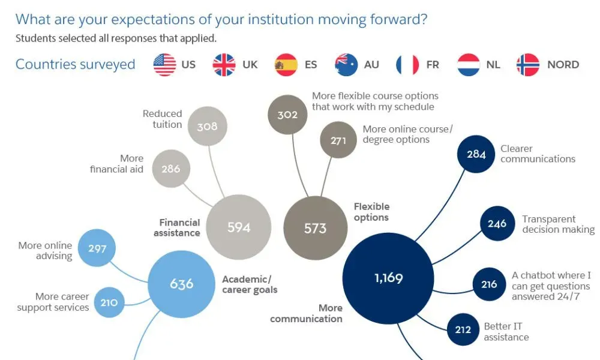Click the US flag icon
coord(164,65)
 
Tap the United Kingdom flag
coord(224,65)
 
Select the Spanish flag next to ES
coord(286,65)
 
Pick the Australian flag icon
coord(346,65)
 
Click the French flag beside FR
coord(407,65)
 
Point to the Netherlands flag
coord(469,65)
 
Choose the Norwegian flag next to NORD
coord(528,65)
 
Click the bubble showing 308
coord(207,127)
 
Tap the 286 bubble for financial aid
coord(171,169)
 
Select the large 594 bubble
coord(239,227)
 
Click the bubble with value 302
coord(287,114)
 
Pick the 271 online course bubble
coord(338,140)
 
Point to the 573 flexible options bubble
coord(315,228)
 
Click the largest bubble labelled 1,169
coord(388,278)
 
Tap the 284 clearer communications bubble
coord(476,154)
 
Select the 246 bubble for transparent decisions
coord(497,223)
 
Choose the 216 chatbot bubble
coord(489,284)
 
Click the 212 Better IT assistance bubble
coord(463,329)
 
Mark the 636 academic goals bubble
coord(181,283)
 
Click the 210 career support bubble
coord(109,302)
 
